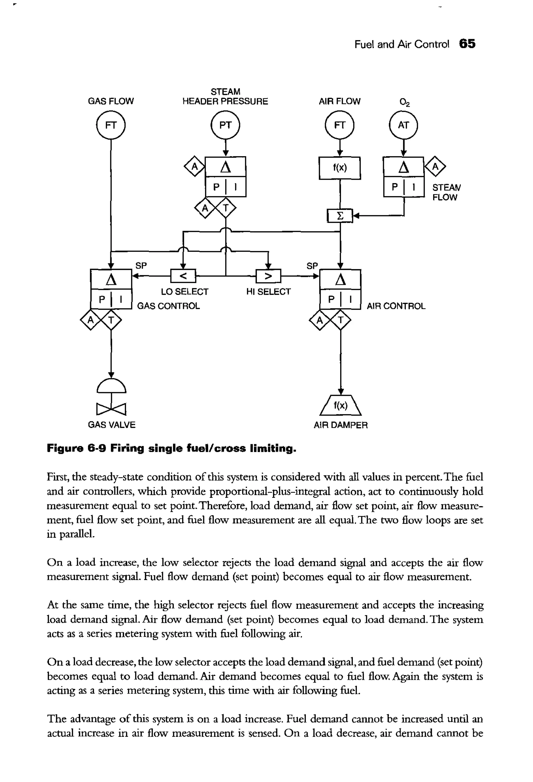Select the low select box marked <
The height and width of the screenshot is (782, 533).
pyautogui.click(x=183, y=276)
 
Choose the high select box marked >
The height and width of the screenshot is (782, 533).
pyautogui.click(x=268, y=276)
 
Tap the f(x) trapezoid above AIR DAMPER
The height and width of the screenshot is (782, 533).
pyautogui.click(x=340, y=406)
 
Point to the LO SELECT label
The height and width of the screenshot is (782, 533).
pyautogui.click(x=185, y=292)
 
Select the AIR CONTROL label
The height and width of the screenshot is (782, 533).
pyautogui.click(x=396, y=306)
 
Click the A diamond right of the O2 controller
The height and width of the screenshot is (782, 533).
pyautogui.click(x=435, y=166)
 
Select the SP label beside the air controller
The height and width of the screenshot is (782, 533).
pyautogui.click(x=312, y=266)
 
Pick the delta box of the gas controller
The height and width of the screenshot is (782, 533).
pyautogui.click(x=111, y=279)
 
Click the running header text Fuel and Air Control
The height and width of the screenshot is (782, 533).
pyautogui.click(x=402, y=44)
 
